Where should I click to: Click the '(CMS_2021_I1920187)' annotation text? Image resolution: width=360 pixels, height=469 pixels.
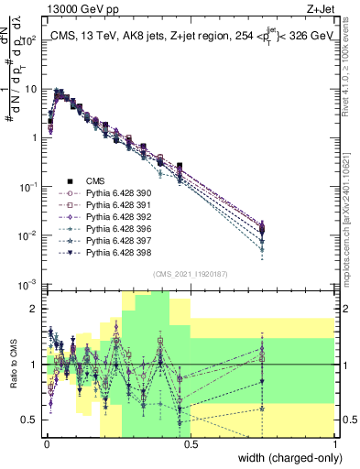pos(191,274)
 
